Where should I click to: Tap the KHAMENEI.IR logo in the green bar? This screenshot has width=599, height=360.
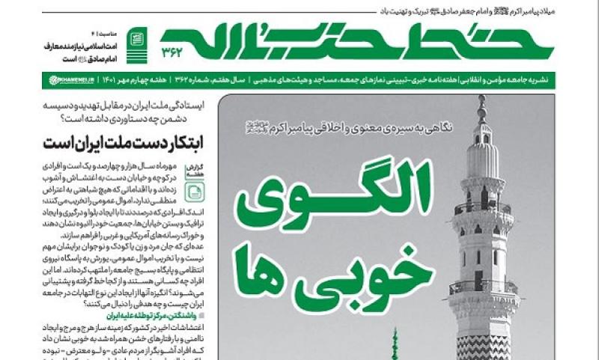(x=73, y=79)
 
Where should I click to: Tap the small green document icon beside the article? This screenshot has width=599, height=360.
(x=192, y=193)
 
